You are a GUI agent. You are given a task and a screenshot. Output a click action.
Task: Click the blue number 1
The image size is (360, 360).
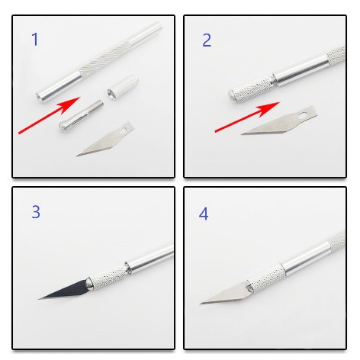point(35,39)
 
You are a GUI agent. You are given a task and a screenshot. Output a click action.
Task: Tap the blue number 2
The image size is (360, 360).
point(207,40)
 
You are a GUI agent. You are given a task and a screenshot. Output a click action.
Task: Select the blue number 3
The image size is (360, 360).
point(36,212)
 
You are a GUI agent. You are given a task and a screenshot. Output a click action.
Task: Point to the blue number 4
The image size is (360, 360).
point(204,214)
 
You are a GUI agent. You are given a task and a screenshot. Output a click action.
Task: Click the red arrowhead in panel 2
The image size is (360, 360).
point(269,108)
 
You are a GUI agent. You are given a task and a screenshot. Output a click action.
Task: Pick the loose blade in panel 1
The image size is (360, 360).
point(104,139)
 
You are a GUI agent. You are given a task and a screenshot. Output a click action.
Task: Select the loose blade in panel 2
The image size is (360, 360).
point(279,121)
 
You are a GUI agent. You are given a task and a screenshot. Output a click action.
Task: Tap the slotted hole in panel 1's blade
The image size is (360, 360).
point(123,130)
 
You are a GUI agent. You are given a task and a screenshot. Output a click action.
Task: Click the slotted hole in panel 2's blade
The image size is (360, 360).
point(303,115)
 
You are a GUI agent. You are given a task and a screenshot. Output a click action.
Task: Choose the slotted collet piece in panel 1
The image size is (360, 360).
point(82,115)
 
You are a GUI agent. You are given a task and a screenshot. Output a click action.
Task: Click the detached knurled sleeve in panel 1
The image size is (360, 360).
point(123,87)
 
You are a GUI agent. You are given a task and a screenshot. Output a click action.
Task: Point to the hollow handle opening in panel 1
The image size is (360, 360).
point(40,97)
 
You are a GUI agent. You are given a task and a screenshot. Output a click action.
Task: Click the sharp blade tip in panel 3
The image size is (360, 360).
point(39,299)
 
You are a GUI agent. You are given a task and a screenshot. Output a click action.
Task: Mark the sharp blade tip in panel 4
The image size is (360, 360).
point(201,303)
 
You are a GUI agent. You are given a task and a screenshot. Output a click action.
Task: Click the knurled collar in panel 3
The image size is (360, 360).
point(108,277)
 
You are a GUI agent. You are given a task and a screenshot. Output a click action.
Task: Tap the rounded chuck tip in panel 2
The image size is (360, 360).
point(232,95)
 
